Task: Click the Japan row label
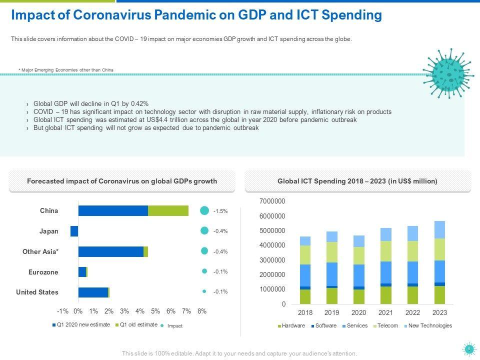49,231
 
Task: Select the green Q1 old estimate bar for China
168,211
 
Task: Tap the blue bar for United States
93,292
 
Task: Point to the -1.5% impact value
220,211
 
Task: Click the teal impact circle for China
204,211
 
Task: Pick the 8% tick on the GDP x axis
202,311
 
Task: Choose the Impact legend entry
174,326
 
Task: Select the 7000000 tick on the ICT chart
272,201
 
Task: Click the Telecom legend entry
388,326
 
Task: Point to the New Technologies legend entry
430,326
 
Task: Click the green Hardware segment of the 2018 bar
305,296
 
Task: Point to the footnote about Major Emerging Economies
66,69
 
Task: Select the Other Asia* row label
40,252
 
